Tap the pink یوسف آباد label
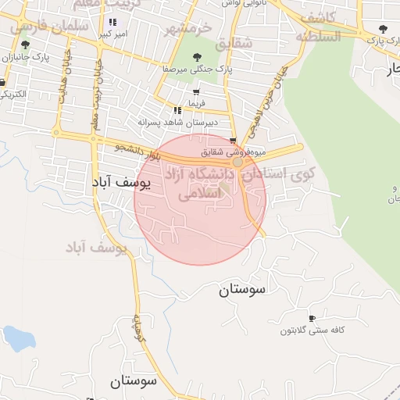[x=97, y=248]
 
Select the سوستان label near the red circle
[x=242, y=290]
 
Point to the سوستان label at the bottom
[x=134, y=381]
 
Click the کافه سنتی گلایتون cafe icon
[x=312, y=319]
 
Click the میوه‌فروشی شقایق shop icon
[x=232, y=141]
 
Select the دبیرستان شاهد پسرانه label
[x=177, y=123]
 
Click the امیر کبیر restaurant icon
[x=113, y=23]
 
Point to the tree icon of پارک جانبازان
[x=25, y=45]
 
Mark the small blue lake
[x=20, y=337]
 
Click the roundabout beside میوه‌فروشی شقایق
[x=237, y=163]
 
